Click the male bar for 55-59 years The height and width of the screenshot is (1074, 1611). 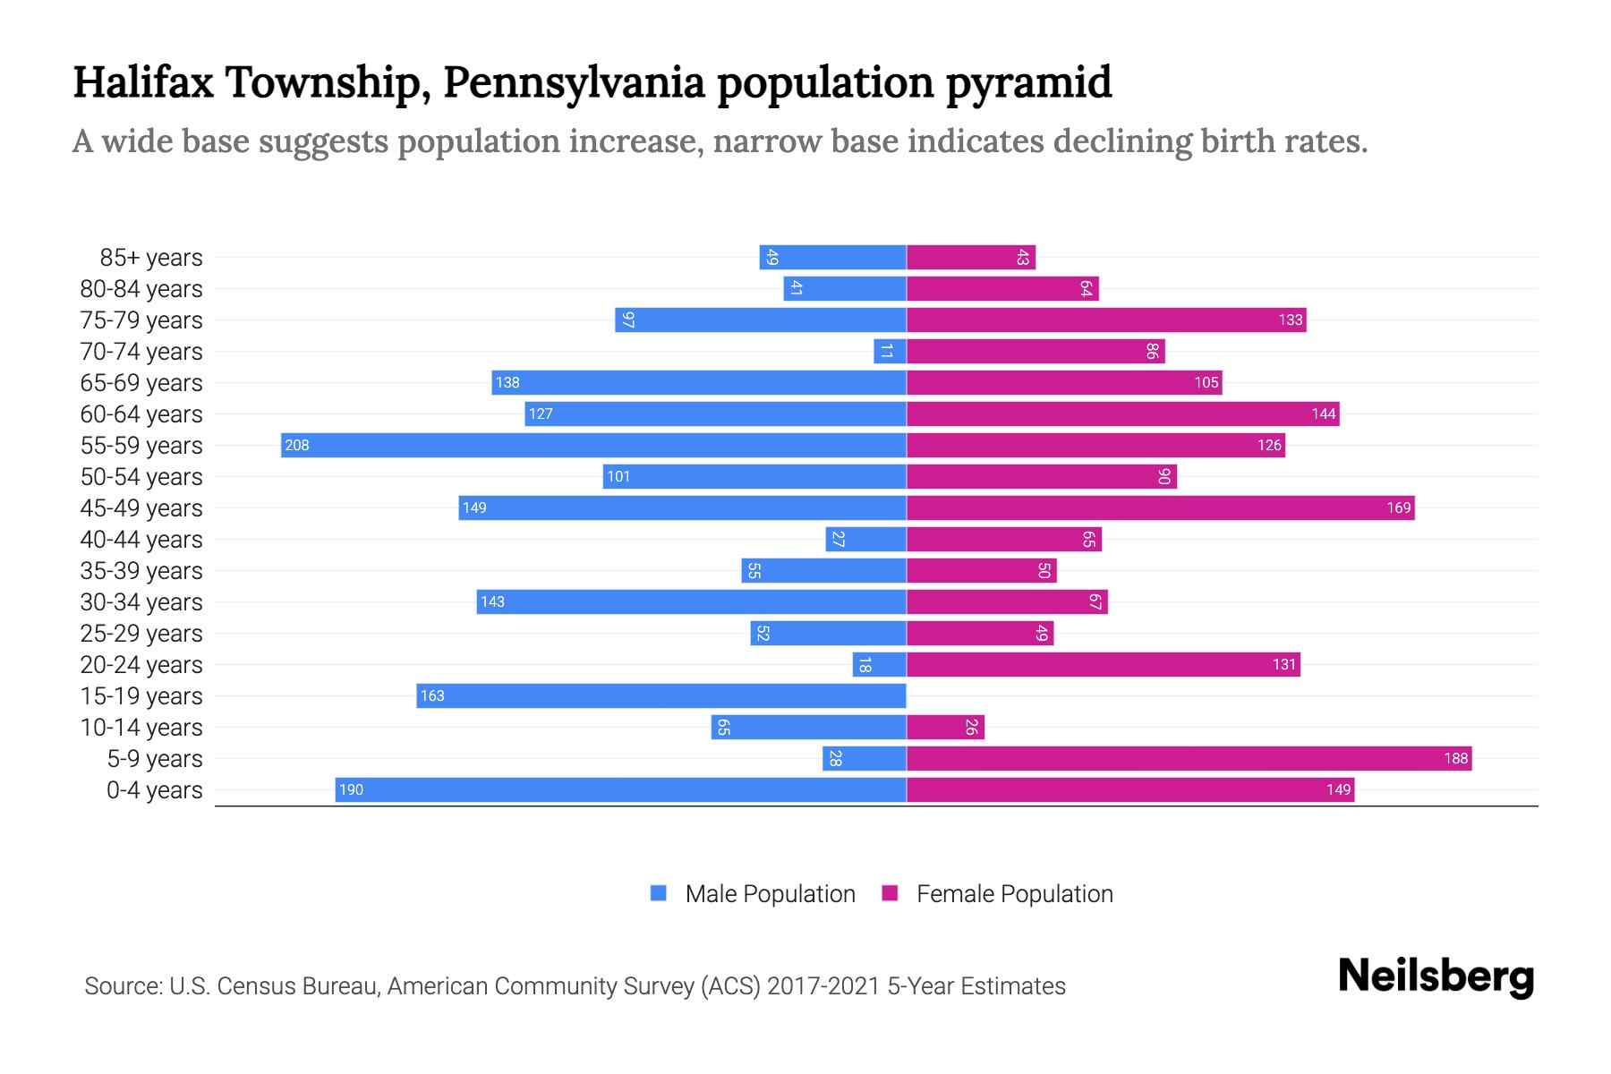593,445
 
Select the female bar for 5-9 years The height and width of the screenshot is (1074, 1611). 1189,758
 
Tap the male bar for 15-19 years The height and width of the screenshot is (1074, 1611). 661,695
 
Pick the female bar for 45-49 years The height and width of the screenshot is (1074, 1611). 1160,507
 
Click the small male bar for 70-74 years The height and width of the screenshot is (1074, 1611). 890,351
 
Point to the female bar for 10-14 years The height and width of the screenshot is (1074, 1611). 945,727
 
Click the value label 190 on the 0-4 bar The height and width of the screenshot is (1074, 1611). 351,789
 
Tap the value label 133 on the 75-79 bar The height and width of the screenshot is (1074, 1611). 1290,320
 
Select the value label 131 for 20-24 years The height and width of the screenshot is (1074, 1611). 1283,664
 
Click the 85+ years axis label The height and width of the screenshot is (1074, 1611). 151,258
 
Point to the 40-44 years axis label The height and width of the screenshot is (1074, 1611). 141,540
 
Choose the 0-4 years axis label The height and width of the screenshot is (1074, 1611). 154,790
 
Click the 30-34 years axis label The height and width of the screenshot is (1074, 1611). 141,602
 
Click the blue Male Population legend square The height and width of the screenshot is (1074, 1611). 659,893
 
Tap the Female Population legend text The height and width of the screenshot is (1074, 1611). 1014,893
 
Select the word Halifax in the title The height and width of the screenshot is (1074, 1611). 143,82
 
